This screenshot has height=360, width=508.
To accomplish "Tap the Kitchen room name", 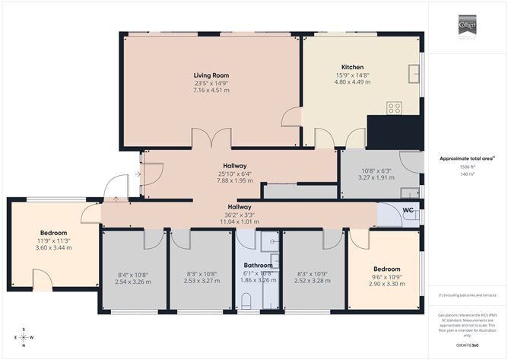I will (x=352, y=67).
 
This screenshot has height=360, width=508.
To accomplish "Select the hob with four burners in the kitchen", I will (x=394, y=108).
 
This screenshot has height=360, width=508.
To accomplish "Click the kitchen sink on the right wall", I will (x=414, y=73).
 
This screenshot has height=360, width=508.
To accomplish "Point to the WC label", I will (x=408, y=209).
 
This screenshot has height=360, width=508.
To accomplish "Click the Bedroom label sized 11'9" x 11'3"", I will (x=54, y=232).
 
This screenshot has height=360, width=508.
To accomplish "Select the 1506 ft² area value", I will (x=466, y=166).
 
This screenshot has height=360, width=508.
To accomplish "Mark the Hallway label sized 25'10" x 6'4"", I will (x=234, y=165).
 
